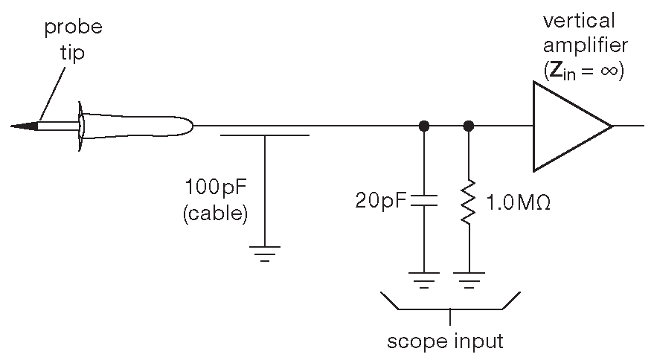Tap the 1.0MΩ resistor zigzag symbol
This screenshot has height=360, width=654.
click(469, 202)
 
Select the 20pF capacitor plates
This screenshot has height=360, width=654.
click(423, 200)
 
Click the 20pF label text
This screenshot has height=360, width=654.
click(381, 201)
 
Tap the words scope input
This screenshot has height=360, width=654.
click(446, 341)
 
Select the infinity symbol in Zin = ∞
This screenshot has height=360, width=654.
click(612, 72)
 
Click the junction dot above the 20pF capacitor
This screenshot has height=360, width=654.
click(423, 126)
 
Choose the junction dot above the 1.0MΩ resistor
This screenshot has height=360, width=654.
click(469, 126)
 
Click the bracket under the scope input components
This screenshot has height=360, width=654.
click(450, 307)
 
